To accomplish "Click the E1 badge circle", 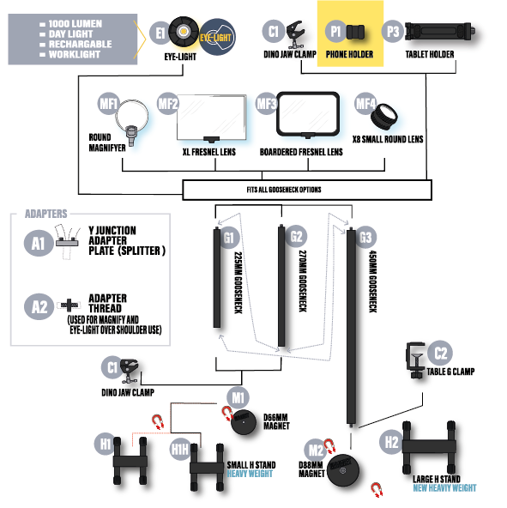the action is click(x=160, y=33).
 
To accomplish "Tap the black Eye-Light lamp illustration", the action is click(x=184, y=32).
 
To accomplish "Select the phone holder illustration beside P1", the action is click(x=355, y=32).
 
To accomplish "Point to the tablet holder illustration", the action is click(x=440, y=32).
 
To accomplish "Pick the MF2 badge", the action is click(x=167, y=104).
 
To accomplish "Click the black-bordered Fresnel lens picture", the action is click(x=308, y=114).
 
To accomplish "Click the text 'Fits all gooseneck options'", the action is click(x=284, y=190).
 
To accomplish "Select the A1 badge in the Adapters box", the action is click(x=39, y=243).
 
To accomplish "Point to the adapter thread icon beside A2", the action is click(x=69, y=305).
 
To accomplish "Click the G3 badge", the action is click(x=365, y=237).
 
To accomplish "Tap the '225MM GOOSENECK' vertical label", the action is click(x=238, y=283).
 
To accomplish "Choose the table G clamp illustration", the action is click(x=415, y=360).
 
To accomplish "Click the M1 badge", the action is click(x=238, y=397).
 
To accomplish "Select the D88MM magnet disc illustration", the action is click(x=343, y=470).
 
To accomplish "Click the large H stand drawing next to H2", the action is click(x=429, y=447).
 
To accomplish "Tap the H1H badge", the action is click(x=180, y=450).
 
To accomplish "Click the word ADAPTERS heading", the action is click(x=46, y=214).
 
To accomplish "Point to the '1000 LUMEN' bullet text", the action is click(x=75, y=24).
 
